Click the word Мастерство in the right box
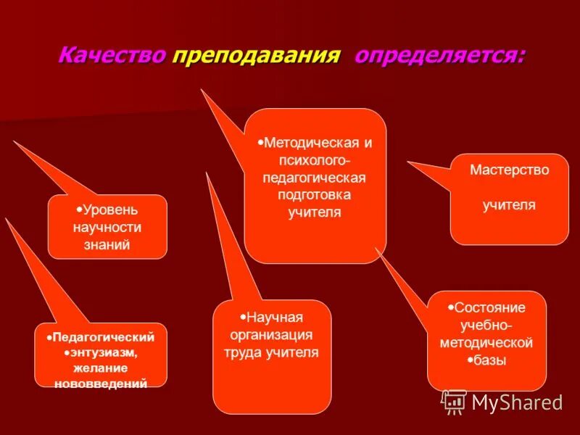point(509,170)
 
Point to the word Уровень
point(110,210)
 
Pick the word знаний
point(107,245)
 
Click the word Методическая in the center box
point(319,143)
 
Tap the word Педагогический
point(104,337)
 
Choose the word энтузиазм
point(104,352)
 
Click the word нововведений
point(101,383)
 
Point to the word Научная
point(275,318)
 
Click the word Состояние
point(489,307)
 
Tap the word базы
point(490,360)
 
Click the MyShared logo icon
point(454,401)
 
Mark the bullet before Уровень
point(79,210)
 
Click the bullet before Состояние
point(451,307)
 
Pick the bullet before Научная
point(243,317)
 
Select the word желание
point(101,368)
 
